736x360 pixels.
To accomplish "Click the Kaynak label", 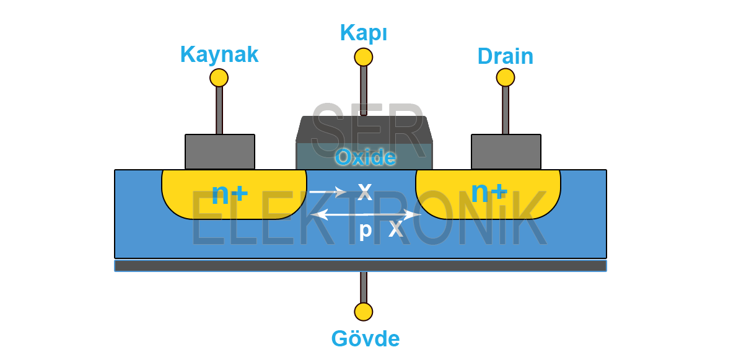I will pos(219,55).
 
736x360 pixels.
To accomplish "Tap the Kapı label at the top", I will pos(364,32).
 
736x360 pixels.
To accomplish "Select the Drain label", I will pos(505,56).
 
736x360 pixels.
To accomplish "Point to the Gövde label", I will pos(366,338).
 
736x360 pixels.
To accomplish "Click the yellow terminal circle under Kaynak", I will pos(219,77).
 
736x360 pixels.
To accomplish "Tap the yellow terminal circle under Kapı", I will pos(364,57).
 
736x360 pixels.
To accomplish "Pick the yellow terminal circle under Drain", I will pos(506,77).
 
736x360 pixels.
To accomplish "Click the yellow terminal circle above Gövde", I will pos(364,311).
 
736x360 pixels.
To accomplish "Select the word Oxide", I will pos(366,157).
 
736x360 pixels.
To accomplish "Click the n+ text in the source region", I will pos(230,194).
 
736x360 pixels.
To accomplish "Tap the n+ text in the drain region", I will pos(489,192).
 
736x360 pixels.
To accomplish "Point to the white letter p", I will pos(366,230).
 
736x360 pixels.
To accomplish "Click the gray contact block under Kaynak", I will pos(220,152).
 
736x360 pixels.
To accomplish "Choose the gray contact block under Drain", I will pos(506,152).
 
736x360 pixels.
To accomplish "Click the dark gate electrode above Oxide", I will pos(364,129).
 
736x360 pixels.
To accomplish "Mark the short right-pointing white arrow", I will pos(327,192).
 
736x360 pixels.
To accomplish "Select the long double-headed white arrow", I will pos(366,214).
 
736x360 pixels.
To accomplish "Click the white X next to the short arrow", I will pos(365,192).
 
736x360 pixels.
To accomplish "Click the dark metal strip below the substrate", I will pos(360,266).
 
